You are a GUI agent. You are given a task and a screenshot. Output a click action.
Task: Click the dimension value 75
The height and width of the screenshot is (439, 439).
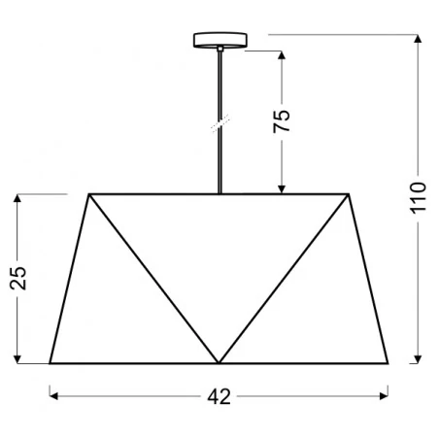281,121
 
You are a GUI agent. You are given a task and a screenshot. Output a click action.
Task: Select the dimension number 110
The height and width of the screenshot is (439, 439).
419,199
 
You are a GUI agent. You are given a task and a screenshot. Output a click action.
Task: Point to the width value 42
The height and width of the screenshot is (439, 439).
219,396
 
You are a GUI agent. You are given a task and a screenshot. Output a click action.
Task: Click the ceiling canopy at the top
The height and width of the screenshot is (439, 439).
219,41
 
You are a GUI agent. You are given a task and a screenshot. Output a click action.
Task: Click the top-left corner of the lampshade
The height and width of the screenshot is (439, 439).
89,194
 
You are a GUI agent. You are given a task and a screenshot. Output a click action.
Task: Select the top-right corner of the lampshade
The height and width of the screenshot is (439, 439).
349,194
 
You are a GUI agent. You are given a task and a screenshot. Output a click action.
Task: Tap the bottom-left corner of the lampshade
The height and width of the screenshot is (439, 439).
50,363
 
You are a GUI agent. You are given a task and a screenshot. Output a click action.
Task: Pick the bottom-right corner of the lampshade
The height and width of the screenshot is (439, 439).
388,363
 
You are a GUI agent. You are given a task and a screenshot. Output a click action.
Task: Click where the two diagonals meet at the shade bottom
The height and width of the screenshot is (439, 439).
219,363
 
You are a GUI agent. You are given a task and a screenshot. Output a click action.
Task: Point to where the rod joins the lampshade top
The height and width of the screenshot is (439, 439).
219,194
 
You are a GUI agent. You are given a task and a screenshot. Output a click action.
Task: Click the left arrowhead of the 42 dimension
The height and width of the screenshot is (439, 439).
53,396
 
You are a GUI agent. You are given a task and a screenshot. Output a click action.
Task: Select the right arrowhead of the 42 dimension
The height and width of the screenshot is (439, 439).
385,396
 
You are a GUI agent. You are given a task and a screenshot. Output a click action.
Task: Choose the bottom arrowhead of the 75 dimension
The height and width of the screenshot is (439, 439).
281,189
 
